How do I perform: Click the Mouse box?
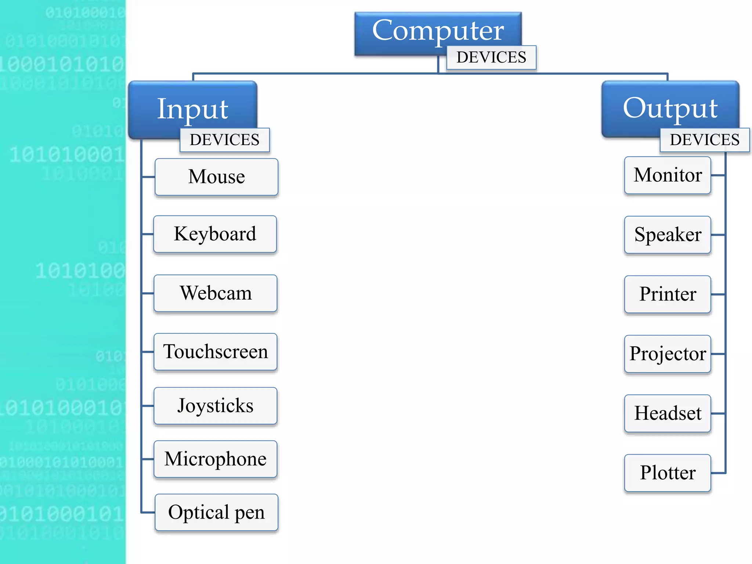tap(216, 177)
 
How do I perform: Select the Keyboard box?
tap(215, 234)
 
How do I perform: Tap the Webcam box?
tap(216, 293)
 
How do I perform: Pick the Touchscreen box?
tap(216, 352)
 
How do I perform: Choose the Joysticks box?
tap(216, 406)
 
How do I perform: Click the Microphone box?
tap(216, 459)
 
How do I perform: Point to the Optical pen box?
tap(216, 512)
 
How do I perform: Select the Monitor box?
tap(668, 175)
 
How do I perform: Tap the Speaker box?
tap(668, 235)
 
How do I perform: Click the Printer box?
tap(668, 294)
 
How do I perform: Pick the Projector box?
tap(668, 354)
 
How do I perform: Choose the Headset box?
tap(668, 413)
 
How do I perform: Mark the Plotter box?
tap(668, 473)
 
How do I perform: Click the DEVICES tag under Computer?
tap(491, 58)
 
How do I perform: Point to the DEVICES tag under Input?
tap(224, 140)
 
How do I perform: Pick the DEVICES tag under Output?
tap(705, 140)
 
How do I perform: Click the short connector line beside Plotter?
tap(718, 473)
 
